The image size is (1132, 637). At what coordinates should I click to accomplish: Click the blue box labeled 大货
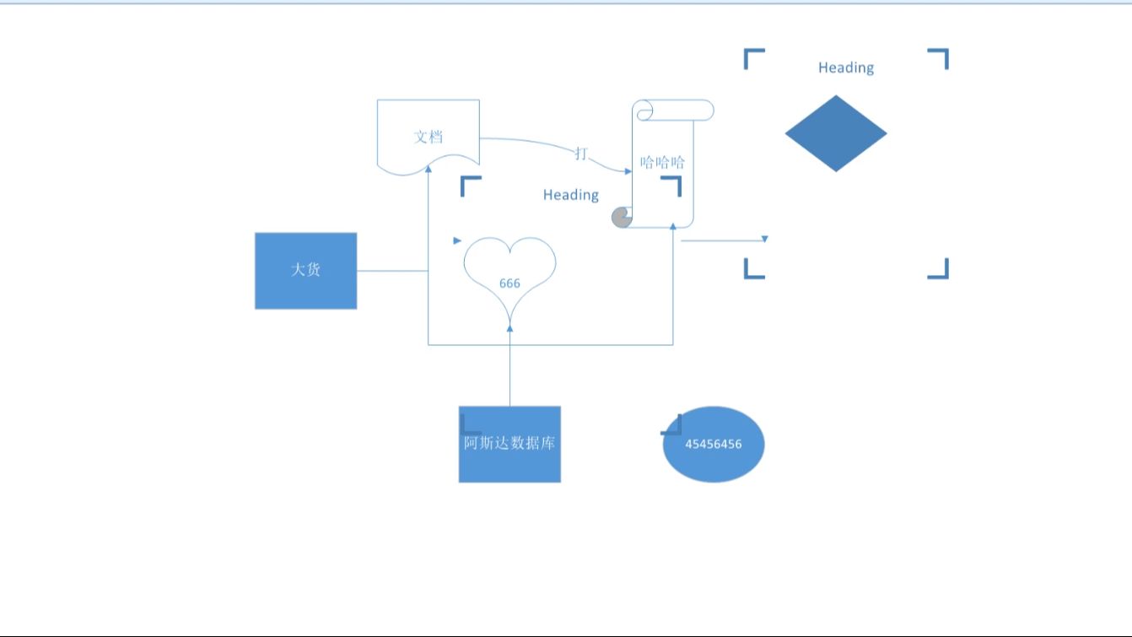(x=305, y=271)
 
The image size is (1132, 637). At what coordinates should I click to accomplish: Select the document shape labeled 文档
(x=429, y=135)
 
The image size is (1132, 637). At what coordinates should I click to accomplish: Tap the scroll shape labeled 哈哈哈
(x=663, y=169)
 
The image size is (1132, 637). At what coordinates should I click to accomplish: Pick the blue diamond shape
(x=836, y=133)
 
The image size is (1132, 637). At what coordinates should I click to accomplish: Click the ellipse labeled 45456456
(x=714, y=445)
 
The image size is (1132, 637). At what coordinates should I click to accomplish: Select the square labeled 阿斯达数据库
(x=509, y=445)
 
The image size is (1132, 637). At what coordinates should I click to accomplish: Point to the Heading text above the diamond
(x=846, y=67)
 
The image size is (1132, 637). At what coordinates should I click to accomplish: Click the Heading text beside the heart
(x=571, y=195)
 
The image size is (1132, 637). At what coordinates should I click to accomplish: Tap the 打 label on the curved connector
(x=581, y=153)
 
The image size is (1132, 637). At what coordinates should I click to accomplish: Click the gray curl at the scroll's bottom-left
(x=622, y=218)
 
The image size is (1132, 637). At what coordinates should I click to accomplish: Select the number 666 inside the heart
(x=509, y=283)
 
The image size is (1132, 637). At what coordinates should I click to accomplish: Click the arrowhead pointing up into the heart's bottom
(x=509, y=328)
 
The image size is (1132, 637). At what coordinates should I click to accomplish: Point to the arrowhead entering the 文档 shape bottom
(x=429, y=170)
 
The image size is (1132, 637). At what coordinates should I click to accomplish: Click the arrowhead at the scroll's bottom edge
(x=673, y=226)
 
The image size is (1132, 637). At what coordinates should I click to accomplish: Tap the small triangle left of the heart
(x=457, y=240)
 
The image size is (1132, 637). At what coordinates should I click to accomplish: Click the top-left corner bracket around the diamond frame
(x=753, y=57)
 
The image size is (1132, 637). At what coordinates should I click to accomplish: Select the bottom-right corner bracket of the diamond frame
(x=939, y=269)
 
